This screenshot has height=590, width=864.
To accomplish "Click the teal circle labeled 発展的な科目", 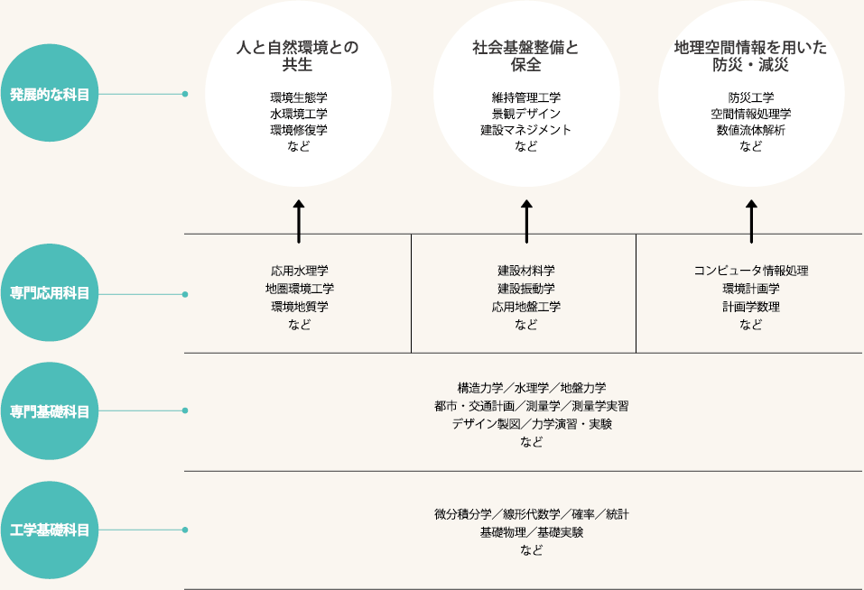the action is coord(50,93).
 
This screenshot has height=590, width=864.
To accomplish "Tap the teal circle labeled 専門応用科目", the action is coord(50,293).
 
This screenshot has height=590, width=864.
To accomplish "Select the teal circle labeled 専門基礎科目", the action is coord(50,411).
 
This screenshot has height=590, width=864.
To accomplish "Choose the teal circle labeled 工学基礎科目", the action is coord(50,530).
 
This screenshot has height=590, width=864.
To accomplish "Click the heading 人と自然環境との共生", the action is coord(298,56).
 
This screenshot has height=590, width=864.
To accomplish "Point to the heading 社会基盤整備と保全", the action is coord(525,56).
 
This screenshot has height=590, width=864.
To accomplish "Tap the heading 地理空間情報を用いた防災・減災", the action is coord(750,56).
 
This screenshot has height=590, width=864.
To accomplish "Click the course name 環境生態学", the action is coord(299,97).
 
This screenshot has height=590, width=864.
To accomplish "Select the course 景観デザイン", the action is coord(526,114).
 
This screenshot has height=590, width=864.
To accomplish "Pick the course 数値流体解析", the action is coord(750,130).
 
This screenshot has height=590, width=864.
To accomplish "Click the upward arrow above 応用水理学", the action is coord(299,221).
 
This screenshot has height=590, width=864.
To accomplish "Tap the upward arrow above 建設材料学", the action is coord(526,221).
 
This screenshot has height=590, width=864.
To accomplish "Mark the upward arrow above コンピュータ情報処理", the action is coord(751,221).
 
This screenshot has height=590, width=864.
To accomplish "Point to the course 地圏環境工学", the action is coord(299,289).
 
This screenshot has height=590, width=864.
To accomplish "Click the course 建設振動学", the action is coord(526,289).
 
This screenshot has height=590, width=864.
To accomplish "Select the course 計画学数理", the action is coord(751,307).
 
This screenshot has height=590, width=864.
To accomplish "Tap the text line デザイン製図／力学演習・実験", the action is coord(532,424).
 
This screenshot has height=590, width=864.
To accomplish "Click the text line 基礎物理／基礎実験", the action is coord(532,532).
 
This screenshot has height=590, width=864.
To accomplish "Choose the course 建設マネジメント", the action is coord(526,130).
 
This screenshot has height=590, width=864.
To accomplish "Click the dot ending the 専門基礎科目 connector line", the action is coord(185,410).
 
